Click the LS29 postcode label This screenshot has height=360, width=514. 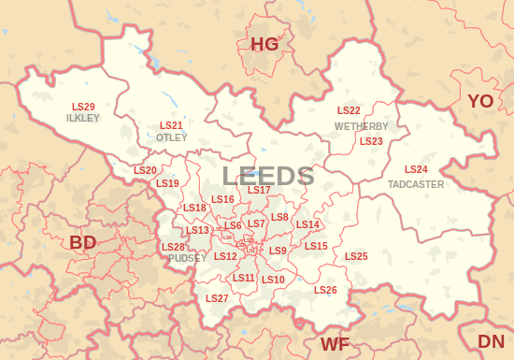83,107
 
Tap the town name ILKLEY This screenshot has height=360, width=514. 83,119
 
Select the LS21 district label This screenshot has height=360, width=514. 171,125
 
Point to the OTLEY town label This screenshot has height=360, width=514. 171,137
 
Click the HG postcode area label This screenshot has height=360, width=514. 264,44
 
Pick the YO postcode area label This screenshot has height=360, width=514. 480,101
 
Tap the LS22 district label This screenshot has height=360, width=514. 349,111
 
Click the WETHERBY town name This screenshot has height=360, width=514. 362,126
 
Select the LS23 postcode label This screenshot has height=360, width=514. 371,141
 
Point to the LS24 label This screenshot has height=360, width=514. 416,169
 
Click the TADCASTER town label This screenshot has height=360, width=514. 416,184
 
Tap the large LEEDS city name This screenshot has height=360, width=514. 268,176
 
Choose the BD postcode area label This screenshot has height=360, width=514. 83,243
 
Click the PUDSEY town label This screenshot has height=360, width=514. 181,258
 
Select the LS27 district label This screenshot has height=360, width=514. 217,298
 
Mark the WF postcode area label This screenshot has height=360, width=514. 335,344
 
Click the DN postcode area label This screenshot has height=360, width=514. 491,341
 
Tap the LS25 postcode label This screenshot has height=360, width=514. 356,256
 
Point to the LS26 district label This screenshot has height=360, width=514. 325,290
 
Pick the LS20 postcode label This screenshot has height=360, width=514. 145,170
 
